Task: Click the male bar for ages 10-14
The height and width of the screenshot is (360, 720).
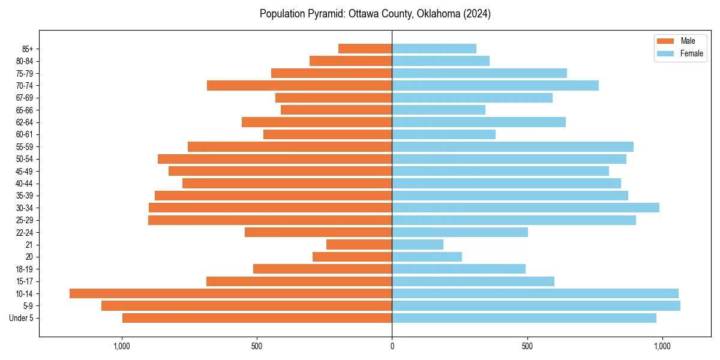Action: click(x=230, y=293)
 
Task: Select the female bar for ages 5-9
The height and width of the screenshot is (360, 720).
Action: click(x=536, y=305)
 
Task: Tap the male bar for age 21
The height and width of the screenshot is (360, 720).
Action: click(x=359, y=244)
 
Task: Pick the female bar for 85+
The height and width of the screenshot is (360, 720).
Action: click(x=434, y=49)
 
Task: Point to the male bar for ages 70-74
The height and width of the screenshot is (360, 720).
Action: click(x=299, y=85)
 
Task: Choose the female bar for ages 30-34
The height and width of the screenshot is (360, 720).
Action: click(x=526, y=208)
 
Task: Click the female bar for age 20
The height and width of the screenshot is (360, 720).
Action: click(x=427, y=257)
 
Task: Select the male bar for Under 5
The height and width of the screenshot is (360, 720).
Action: click(x=257, y=318)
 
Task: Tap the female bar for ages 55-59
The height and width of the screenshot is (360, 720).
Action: click(x=512, y=146)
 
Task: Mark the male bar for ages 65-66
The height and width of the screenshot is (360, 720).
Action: click(x=336, y=110)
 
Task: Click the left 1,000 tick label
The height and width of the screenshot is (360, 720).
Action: click(x=122, y=346)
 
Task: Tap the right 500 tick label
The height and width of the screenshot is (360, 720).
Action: click(x=527, y=346)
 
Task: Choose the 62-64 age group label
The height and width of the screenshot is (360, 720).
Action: click(x=25, y=122)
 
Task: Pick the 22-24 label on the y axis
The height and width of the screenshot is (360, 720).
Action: click(x=25, y=232)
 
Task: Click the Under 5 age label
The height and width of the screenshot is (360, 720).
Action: click(x=22, y=318)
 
